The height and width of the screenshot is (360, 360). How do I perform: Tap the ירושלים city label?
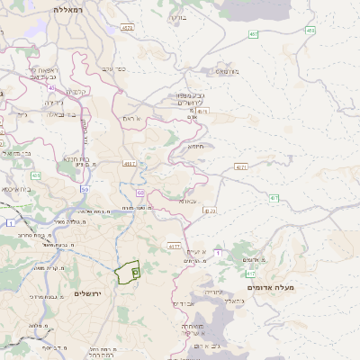pos(90,294)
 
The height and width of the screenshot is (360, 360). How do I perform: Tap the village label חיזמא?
pos(195,146)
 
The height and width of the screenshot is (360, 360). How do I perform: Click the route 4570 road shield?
pos(126,28)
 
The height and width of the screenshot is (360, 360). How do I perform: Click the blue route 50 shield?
pos(84,190)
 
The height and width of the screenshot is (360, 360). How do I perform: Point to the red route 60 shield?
pos(140,193)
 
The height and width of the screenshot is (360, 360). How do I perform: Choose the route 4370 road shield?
pos(209,211)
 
